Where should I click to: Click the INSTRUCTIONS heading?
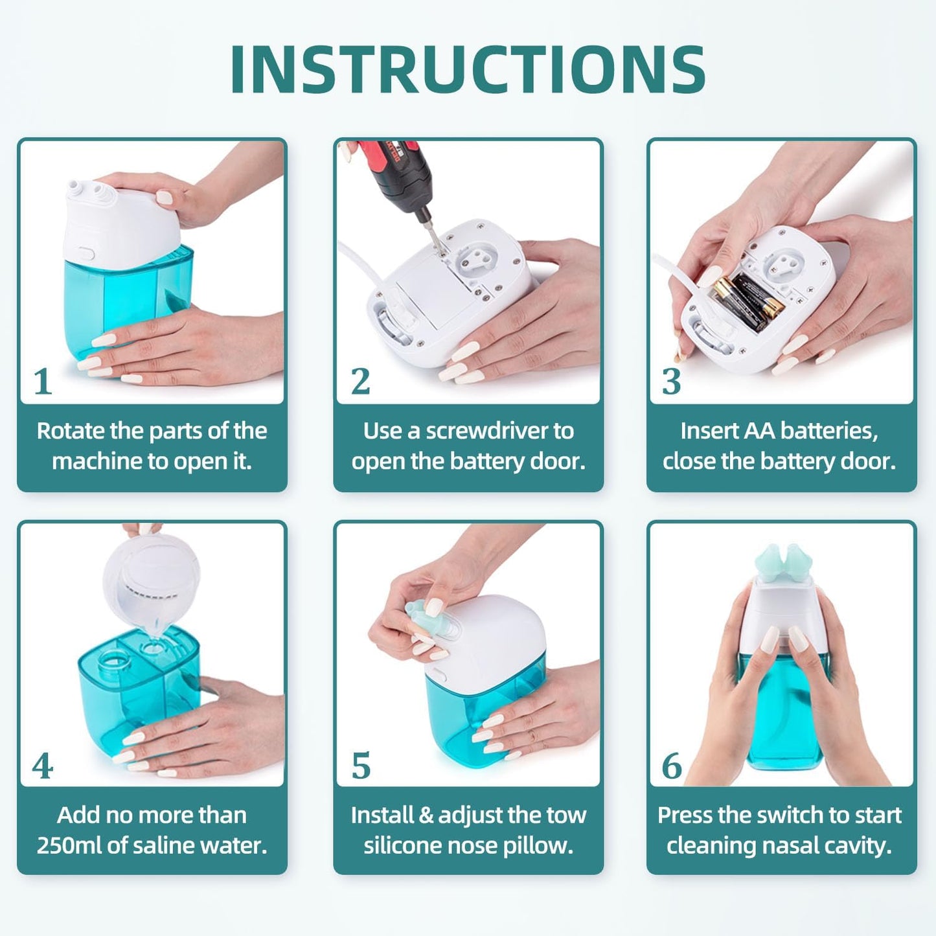(x=468, y=70)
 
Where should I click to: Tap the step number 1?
(x=43, y=382)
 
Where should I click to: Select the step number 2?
(x=360, y=382)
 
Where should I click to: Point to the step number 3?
(x=672, y=382)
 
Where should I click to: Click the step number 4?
(x=43, y=767)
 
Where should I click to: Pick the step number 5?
(x=361, y=767)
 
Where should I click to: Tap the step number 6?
(x=672, y=767)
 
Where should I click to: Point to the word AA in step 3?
(x=759, y=431)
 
